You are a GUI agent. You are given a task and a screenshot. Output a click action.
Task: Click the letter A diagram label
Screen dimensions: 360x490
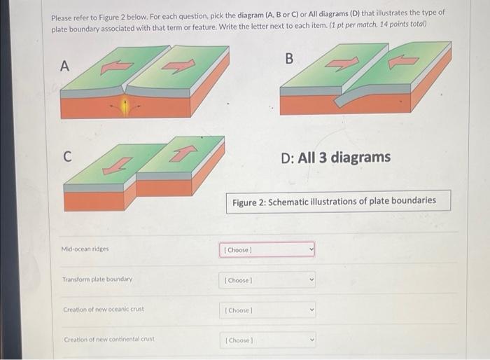65,66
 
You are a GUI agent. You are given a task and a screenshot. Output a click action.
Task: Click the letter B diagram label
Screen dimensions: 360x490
290,58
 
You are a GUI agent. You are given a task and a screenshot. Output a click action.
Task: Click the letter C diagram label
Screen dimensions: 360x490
66,156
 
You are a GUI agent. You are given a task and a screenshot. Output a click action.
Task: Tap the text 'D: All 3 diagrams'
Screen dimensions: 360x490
335,157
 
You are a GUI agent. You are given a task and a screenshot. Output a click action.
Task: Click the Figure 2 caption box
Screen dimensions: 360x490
338,200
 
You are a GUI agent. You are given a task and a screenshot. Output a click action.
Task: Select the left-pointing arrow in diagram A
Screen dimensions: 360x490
116,67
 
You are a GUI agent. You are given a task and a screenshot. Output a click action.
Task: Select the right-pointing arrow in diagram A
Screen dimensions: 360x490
180,67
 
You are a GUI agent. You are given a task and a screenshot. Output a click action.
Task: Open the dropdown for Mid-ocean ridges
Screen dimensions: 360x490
269,249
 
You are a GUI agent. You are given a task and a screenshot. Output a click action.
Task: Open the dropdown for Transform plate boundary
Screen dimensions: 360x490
269,280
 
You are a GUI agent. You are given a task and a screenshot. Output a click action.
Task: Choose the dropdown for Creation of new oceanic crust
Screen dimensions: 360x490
269,310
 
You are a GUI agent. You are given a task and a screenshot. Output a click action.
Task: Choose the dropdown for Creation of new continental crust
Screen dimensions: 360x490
269,340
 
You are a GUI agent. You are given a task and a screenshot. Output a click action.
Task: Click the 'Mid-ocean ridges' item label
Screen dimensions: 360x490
85,249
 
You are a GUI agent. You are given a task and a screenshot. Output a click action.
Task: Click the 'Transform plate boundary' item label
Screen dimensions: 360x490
97,279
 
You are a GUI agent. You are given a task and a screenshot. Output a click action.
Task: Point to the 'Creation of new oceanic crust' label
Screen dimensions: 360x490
104,310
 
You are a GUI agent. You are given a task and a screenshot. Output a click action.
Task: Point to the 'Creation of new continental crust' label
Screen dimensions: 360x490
108,340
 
